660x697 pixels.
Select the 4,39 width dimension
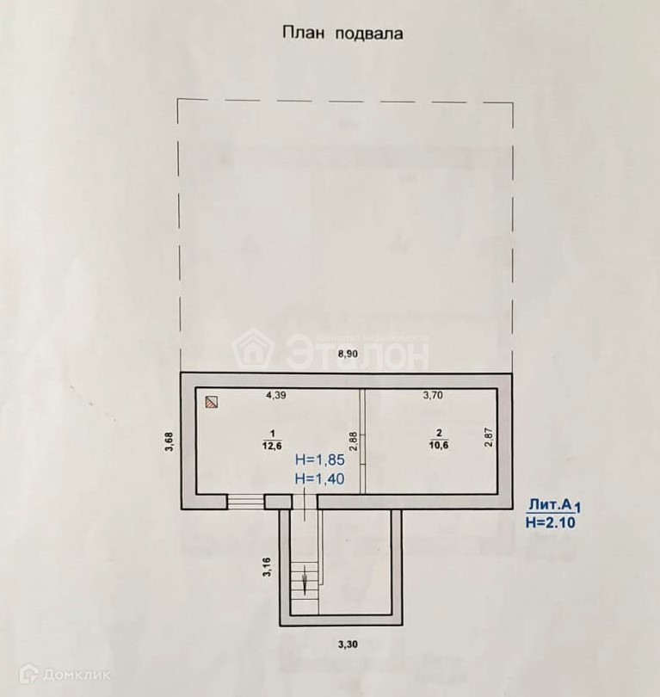[276, 396]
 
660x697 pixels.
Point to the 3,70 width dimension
[434, 396]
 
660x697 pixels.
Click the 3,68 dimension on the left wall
[170, 441]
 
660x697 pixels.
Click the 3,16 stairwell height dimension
[267, 569]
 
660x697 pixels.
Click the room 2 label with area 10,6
[438, 439]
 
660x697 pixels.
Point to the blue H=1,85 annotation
[320, 460]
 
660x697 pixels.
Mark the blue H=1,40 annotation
[320, 478]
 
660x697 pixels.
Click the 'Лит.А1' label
[558, 505]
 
